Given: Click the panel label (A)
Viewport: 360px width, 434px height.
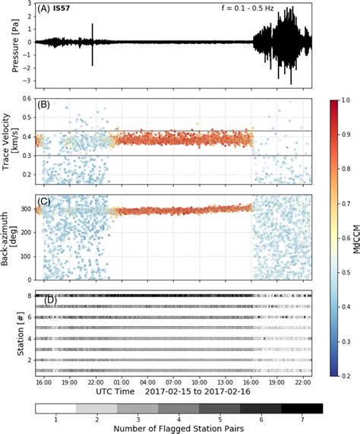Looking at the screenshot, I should (44, 11).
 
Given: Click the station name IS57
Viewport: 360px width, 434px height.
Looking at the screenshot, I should (63, 11).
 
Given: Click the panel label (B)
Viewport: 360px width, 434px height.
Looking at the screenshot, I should (44, 106).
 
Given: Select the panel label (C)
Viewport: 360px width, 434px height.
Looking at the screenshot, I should (44, 202).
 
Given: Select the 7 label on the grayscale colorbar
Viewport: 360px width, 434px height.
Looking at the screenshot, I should (303, 417).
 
